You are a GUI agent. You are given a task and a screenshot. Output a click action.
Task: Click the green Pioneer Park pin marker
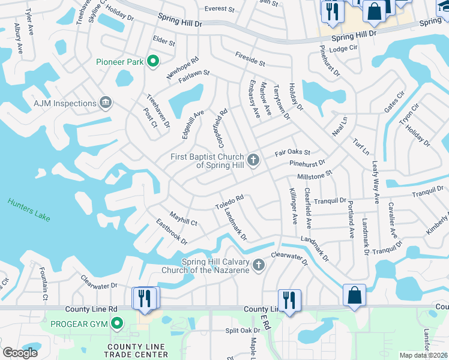point(153,61)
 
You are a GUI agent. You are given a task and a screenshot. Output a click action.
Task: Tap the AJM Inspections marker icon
point(106,103)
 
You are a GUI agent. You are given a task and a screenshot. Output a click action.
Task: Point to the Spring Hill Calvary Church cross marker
point(259,265)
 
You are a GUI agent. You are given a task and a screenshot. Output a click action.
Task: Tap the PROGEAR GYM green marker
point(116,325)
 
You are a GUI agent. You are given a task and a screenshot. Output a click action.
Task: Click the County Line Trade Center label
point(137,350)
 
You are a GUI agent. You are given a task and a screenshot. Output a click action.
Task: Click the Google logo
point(20,352)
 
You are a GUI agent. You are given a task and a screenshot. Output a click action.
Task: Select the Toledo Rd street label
point(229,202)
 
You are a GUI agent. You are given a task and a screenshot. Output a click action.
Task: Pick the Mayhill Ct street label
point(183,218)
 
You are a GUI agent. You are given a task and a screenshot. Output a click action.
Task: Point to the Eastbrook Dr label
point(172,232)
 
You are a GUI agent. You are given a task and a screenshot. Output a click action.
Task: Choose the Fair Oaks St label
point(292,154)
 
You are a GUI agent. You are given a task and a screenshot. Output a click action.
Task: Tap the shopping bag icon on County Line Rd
point(354,295)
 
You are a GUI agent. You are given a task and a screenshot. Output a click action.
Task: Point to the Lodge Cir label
point(343,48)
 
